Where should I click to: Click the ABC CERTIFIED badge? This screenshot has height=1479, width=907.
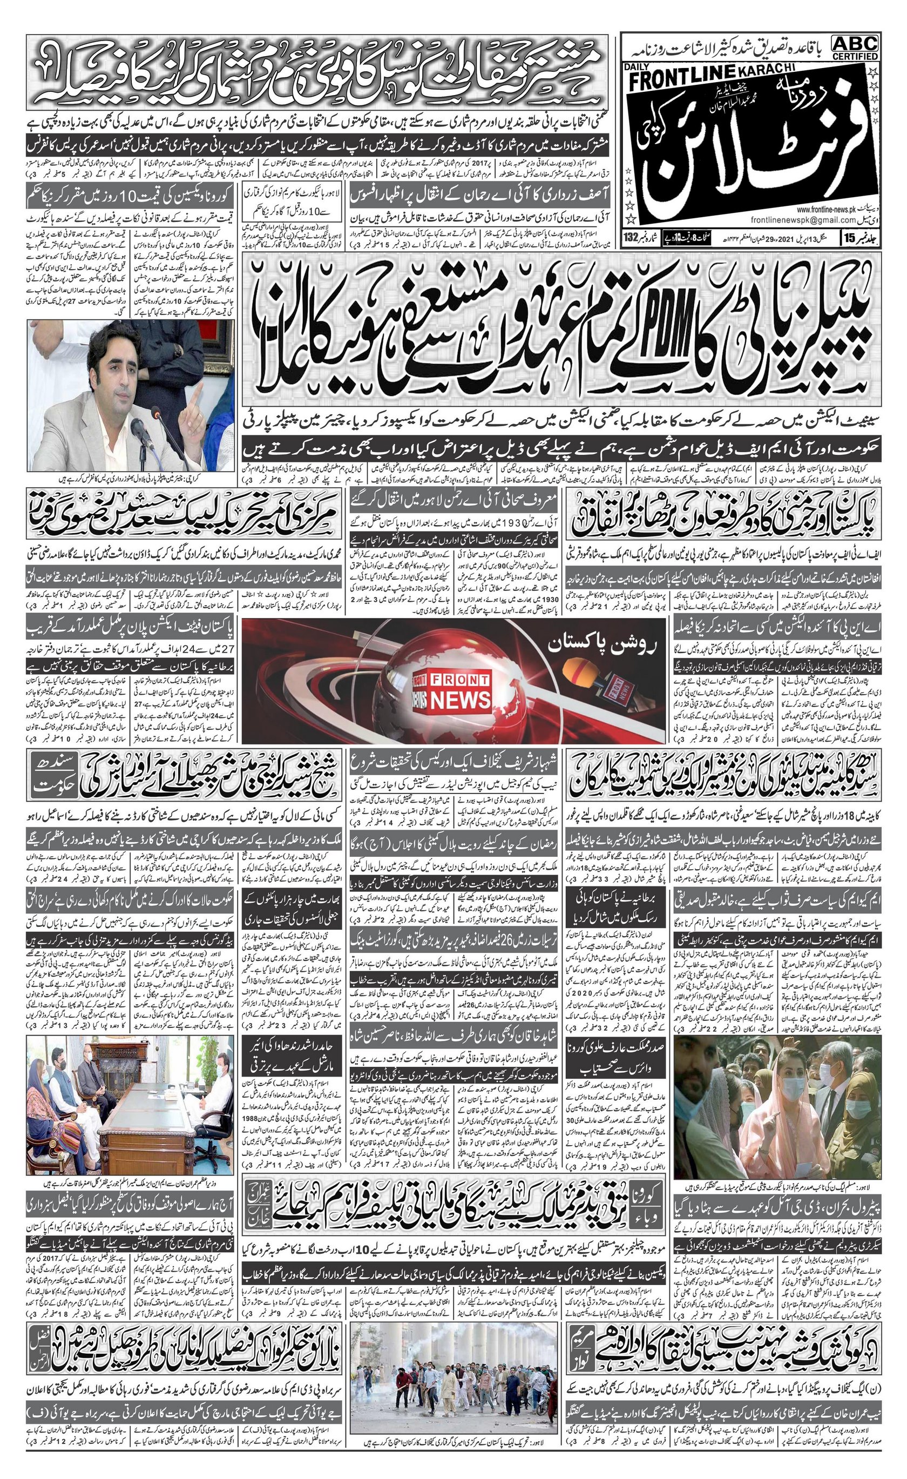click(855, 46)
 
